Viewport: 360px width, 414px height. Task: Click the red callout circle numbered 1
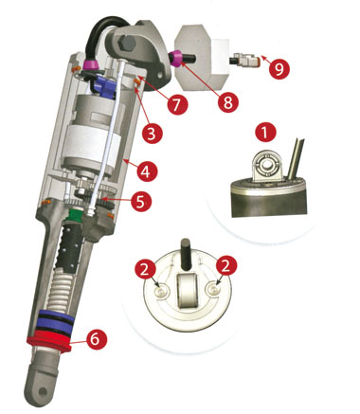(x=265, y=133)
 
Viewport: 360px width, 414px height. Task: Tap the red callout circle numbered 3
(x=152, y=134)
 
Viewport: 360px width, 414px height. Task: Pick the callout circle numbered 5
(x=140, y=201)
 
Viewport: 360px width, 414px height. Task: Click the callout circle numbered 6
(x=96, y=339)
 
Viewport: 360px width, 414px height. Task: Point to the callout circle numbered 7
(x=176, y=104)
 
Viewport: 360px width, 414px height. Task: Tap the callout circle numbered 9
(x=279, y=68)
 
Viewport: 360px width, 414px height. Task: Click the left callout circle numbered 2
(x=146, y=268)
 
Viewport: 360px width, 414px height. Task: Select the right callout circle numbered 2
(x=225, y=266)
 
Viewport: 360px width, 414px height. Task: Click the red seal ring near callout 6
(x=49, y=342)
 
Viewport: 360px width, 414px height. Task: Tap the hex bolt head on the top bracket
(x=127, y=44)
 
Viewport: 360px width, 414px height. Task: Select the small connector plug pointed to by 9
(x=243, y=59)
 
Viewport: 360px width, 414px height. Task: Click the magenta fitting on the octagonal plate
(x=175, y=58)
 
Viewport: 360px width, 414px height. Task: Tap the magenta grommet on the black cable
(x=92, y=65)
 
